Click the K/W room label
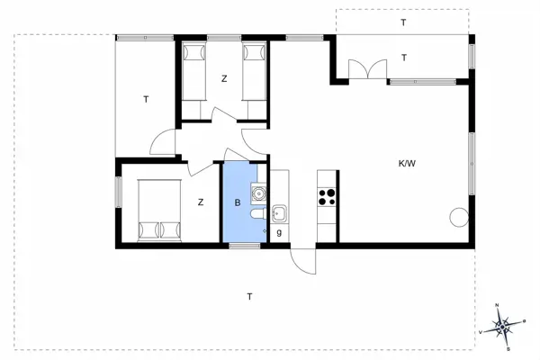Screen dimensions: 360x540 pyautogui.click(x=407, y=164)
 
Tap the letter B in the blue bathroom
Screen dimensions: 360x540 pyautogui.click(x=238, y=202)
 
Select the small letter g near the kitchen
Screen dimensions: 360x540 pyautogui.click(x=279, y=232)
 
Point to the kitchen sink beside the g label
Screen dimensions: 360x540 pyautogui.click(x=279, y=213)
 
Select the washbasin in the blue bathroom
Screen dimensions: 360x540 pyautogui.click(x=258, y=191)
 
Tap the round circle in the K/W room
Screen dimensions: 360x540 pyautogui.click(x=458, y=217)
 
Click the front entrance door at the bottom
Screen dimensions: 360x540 pyautogui.click(x=304, y=259)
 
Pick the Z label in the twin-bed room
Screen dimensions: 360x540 pyautogui.click(x=224, y=79)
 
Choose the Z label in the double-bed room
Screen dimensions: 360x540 pyautogui.click(x=201, y=202)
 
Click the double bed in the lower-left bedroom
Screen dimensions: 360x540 pyautogui.click(x=158, y=209)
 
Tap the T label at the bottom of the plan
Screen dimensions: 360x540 pyautogui.click(x=249, y=296)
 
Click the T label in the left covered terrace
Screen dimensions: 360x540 pyautogui.click(x=145, y=100)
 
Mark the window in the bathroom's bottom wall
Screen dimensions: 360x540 pyautogui.click(x=243, y=245)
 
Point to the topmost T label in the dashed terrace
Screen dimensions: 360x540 pyautogui.click(x=403, y=22)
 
